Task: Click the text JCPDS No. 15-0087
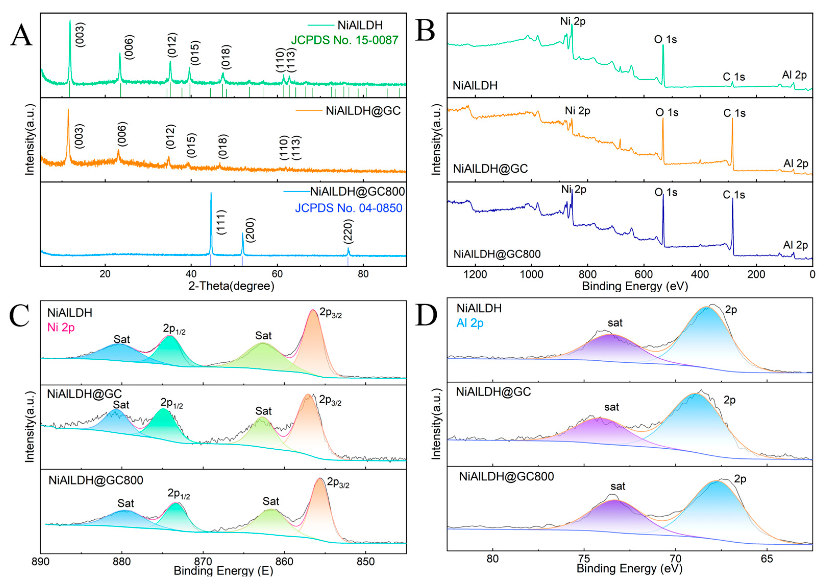(344, 40)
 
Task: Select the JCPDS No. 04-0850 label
(348, 208)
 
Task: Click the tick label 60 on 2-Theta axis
(277, 274)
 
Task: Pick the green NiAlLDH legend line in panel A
(320, 25)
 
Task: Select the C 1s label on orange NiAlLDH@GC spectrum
(734, 113)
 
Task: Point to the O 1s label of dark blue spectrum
(665, 192)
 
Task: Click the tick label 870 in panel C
(203, 562)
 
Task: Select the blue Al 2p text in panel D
(470, 323)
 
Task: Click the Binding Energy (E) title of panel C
(223, 571)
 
